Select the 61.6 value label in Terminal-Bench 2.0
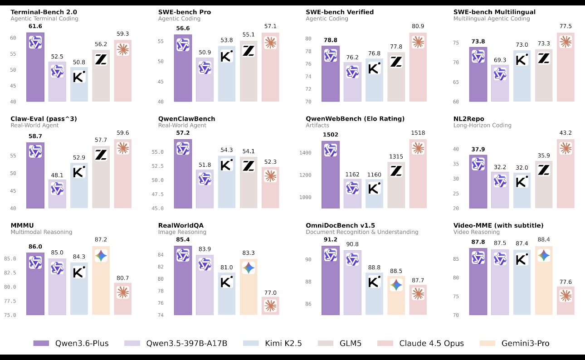[x=35, y=27]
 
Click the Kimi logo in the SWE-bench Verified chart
[x=374, y=68]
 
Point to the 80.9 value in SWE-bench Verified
[x=418, y=26]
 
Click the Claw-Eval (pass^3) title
[x=43, y=119]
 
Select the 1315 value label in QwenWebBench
[x=396, y=157]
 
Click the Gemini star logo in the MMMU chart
[x=101, y=256]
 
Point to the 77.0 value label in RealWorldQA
[x=270, y=292]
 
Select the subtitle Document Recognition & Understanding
[x=362, y=232]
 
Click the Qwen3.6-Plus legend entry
[x=70, y=343]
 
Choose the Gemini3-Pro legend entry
[x=514, y=343]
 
